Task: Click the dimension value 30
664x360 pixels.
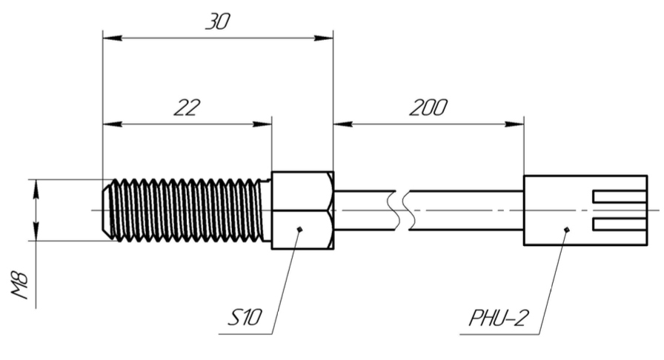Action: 218,21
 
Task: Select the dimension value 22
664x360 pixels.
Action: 187,107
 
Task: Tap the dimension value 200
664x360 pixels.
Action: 428,107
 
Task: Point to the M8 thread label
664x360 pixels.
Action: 19,285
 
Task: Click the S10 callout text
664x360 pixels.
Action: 245,317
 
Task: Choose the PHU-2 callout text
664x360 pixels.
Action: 499,318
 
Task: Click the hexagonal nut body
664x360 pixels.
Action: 302,210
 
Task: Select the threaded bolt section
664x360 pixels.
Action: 186,210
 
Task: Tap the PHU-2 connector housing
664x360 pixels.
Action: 585,210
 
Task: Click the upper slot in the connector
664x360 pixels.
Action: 620,196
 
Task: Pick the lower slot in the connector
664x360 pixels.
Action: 620,224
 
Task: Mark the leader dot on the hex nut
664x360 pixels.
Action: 300,230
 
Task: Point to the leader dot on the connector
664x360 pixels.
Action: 567,230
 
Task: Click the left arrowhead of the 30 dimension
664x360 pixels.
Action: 113,38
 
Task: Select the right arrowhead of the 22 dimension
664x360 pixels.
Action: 262,124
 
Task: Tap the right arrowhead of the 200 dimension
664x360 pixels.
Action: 514,124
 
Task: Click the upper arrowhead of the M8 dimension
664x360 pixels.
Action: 36,190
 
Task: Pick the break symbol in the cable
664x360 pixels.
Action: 402,210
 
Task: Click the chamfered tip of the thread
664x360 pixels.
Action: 107,210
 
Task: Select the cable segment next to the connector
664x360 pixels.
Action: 466,210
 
